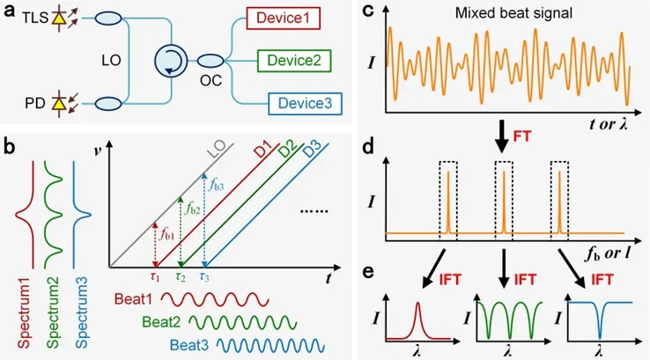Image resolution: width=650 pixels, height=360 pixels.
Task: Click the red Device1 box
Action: (x=283, y=18)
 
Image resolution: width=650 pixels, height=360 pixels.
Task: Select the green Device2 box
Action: (x=294, y=61)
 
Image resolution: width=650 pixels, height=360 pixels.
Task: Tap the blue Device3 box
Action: (x=305, y=103)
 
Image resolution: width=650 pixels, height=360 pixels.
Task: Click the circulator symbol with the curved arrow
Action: (x=171, y=62)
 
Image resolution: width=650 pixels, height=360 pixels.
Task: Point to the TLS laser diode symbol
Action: (x=59, y=18)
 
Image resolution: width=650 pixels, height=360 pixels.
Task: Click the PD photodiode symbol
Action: (x=59, y=104)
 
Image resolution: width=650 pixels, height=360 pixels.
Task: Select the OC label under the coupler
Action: (x=211, y=80)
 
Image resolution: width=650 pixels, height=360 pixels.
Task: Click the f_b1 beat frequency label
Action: (x=166, y=234)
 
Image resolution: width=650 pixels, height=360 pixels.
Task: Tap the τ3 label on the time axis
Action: (x=204, y=276)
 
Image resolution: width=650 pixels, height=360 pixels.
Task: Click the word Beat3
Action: (x=189, y=346)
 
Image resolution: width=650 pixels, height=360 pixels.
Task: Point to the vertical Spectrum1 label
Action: (x=25, y=312)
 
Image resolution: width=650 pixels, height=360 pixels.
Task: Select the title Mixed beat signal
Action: (x=513, y=13)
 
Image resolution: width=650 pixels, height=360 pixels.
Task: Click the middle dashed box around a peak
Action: (x=504, y=202)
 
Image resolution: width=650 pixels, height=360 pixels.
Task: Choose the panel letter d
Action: (x=368, y=148)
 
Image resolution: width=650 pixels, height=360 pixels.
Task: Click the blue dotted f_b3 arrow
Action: (x=204, y=219)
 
